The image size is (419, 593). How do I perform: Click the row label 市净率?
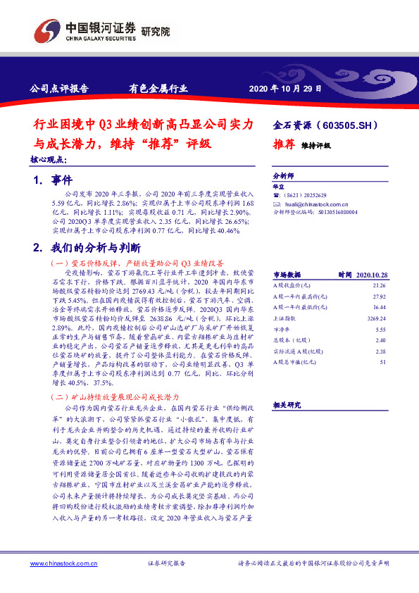[x=283, y=330]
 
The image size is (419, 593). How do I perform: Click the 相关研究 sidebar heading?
[x=287, y=404]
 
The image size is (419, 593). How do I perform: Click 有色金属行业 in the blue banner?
[x=158, y=89]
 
